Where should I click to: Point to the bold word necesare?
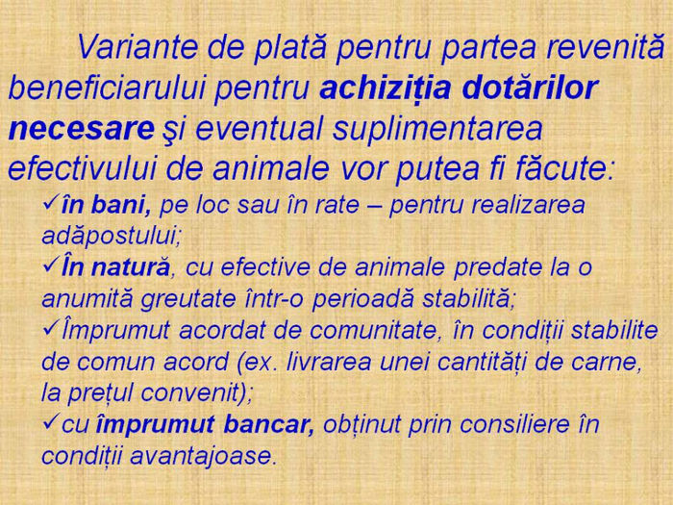[81, 128]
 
